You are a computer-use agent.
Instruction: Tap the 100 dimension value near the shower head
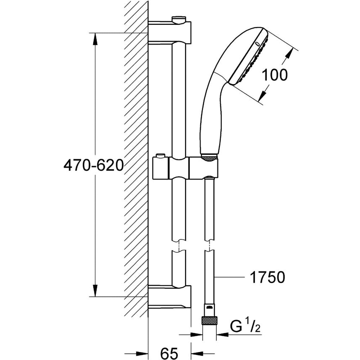[275, 75]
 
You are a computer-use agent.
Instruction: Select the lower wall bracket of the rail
[170, 297]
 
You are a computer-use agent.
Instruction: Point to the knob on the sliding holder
[159, 156]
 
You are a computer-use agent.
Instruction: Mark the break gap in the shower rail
[179, 246]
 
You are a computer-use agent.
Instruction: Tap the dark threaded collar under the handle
[209, 157]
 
